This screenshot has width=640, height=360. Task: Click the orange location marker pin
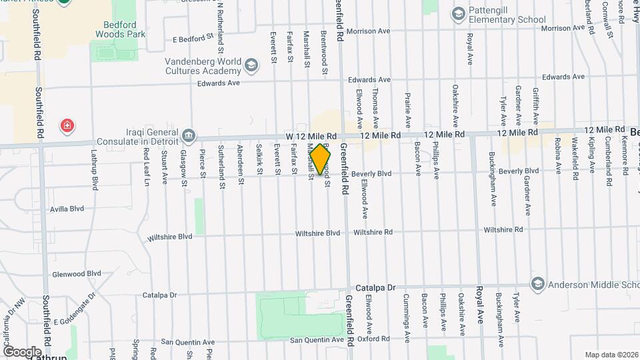click(x=320, y=159)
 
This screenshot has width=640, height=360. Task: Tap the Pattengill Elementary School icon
click(x=458, y=13)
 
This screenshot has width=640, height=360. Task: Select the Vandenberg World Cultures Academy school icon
click(x=251, y=65)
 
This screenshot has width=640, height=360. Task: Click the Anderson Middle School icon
click(x=537, y=284)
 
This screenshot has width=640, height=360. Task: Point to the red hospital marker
click(x=67, y=125)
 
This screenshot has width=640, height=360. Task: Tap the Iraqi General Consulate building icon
click(x=189, y=137)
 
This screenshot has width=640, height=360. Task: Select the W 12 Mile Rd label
click(x=311, y=135)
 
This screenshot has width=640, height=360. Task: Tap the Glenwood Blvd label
click(x=76, y=273)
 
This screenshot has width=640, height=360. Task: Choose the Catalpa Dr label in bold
click(x=375, y=287)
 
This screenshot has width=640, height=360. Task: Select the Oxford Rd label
click(x=373, y=338)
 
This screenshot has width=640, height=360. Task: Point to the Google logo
click(x=22, y=351)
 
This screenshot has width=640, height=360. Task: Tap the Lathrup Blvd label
click(x=95, y=172)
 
